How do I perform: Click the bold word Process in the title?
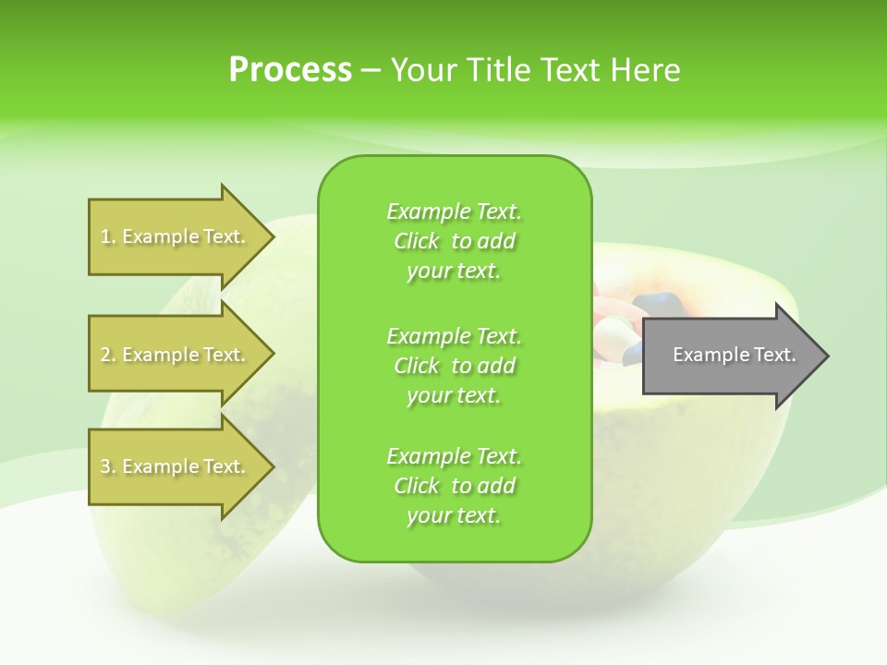(290, 69)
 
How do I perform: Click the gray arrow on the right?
(730, 355)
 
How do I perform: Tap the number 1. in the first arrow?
(108, 236)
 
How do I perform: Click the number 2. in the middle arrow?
(108, 355)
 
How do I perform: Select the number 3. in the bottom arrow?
(108, 466)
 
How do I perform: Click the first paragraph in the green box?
(454, 241)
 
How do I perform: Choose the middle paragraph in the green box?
(454, 366)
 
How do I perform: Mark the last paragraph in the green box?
(454, 486)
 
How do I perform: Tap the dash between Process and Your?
(371, 70)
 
